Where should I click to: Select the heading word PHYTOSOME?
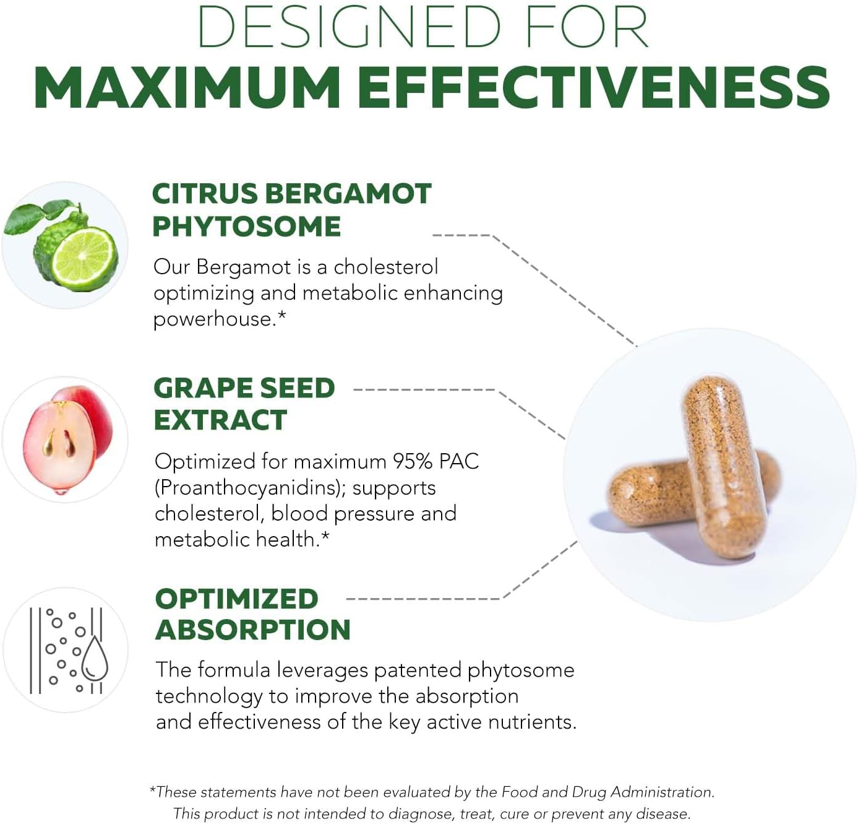click(x=246, y=227)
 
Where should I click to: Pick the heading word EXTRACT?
click(x=220, y=420)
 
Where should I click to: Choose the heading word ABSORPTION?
click(x=252, y=630)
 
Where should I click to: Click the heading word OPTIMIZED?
click(x=236, y=599)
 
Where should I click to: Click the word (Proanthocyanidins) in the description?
click(x=250, y=488)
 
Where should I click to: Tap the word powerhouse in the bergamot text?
click(x=213, y=319)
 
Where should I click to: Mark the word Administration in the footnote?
click(x=663, y=792)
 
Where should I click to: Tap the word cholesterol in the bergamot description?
click(x=385, y=267)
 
